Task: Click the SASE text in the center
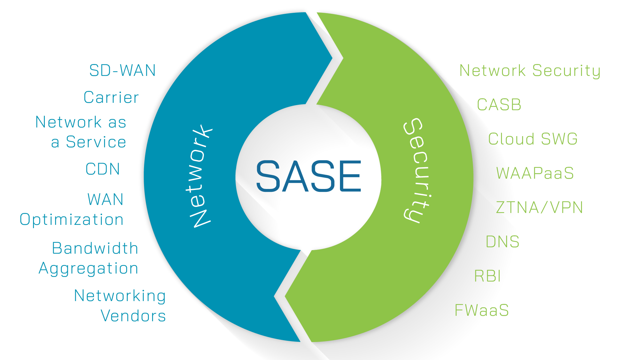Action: pyautogui.click(x=309, y=176)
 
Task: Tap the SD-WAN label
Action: pyautogui.click(x=123, y=70)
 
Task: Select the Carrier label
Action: pyautogui.click(x=111, y=97)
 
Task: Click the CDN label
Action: pyautogui.click(x=103, y=169)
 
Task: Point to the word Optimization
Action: pyautogui.click(x=72, y=220)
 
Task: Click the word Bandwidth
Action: pyautogui.click(x=95, y=249)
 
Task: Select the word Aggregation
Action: pyautogui.click(x=88, y=269)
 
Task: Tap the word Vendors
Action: pyautogui.click(x=133, y=316)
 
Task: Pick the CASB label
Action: pyautogui.click(x=499, y=105)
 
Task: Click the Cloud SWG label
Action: pyautogui.click(x=533, y=139)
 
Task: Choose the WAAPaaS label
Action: pyautogui.click(x=535, y=173)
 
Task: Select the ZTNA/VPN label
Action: pyautogui.click(x=539, y=208)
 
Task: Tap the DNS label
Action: pyautogui.click(x=503, y=242)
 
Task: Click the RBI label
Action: pyautogui.click(x=488, y=276)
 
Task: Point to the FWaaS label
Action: pyautogui.click(x=482, y=310)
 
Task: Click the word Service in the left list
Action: pyautogui.click(x=96, y=142)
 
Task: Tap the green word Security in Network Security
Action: pyautogui.click(x=566, y=71)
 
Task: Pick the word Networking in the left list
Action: pyautogui.click(x=120, y=296)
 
